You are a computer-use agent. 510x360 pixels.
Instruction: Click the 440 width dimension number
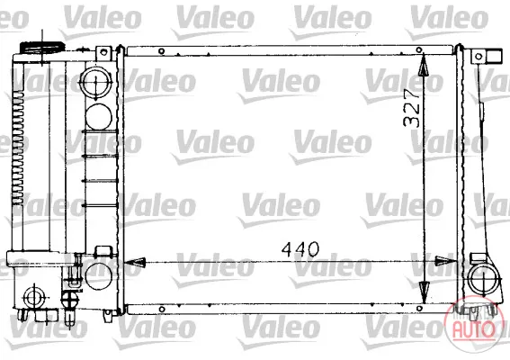[300, 249]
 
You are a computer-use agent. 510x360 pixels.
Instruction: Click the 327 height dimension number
[411, 107]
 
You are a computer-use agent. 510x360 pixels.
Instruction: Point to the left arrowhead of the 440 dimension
[134, 262]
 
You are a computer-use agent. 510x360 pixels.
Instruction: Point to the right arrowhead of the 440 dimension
[446, 261]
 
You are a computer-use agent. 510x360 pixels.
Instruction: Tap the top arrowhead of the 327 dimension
[423, 66]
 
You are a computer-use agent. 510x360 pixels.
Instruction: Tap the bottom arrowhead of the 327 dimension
[424, 292]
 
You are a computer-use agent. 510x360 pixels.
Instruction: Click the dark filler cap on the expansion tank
[42, 47]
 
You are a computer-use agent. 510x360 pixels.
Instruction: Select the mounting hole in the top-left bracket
[103, 51]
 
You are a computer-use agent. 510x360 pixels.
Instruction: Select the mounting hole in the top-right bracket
[479, 57]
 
